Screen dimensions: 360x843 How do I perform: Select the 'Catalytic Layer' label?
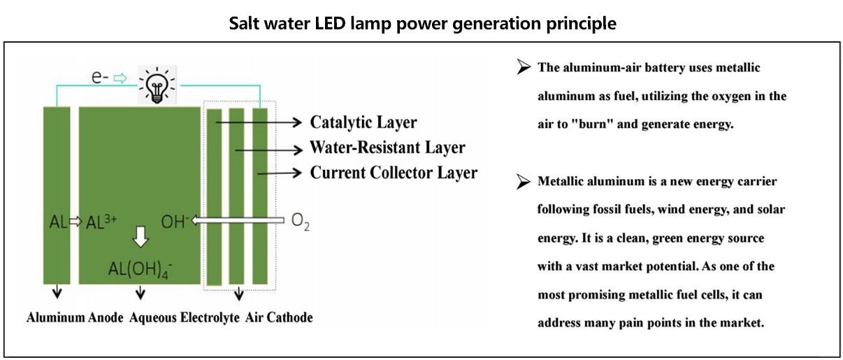(x=363, y=122)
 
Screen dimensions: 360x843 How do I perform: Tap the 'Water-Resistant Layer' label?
(x=387, y=147)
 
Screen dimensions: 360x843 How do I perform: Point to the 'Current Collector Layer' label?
(x=394, y=172)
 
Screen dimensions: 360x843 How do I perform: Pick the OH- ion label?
(x=174, y=222)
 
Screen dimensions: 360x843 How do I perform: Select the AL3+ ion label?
(x=101, y=222)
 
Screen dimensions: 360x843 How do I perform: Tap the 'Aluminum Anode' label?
(x=75, y=317)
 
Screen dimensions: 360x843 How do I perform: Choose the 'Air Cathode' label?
(x=279, y=317)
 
